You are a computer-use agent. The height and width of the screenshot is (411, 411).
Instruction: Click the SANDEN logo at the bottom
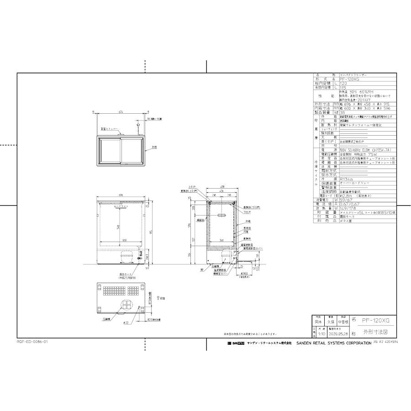(x=236, y=342)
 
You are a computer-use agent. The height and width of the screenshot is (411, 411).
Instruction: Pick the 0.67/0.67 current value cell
(x=346, y=204)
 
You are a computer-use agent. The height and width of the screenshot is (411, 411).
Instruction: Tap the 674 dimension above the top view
(x=121, y=112)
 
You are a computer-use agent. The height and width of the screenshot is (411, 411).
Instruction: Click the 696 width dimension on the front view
(x=121, y=195)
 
